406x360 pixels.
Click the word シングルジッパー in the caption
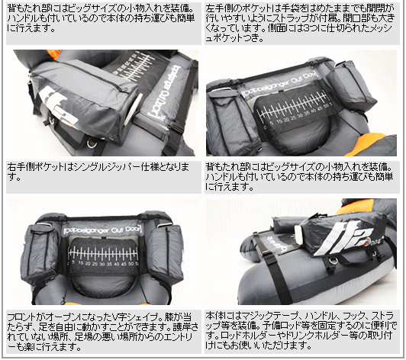(x=107, y=167)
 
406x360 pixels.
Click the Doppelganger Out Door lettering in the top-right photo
(x=279, y=84)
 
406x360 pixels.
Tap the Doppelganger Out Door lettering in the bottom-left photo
(x=102, y=230)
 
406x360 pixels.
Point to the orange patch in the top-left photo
(x=55, y=54)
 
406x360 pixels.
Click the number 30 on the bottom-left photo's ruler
(x=102, y=264)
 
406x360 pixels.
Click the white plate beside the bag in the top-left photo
(x=134, y=108)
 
